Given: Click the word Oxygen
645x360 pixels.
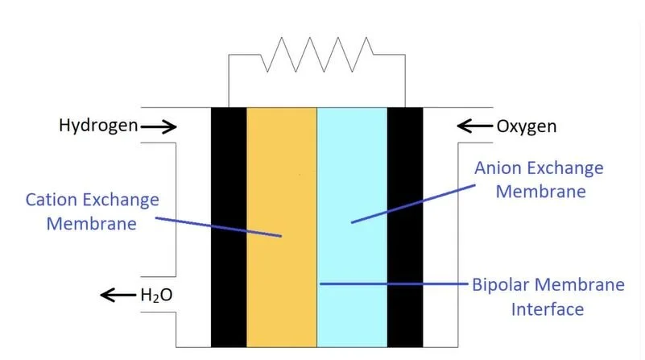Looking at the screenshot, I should click(526, 126).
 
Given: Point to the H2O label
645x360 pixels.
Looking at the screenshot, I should click(156, 296).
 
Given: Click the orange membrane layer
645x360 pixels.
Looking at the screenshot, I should click(281, 161).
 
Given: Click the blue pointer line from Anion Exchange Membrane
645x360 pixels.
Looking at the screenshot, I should click(411, 202).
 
